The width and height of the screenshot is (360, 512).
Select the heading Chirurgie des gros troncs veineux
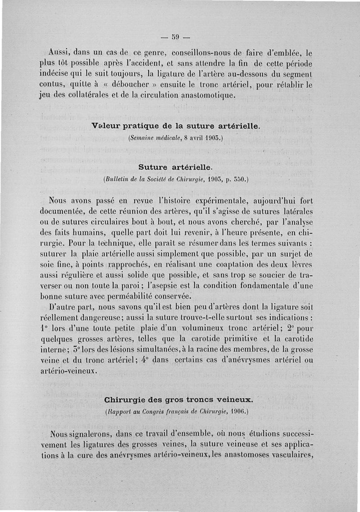179,399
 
